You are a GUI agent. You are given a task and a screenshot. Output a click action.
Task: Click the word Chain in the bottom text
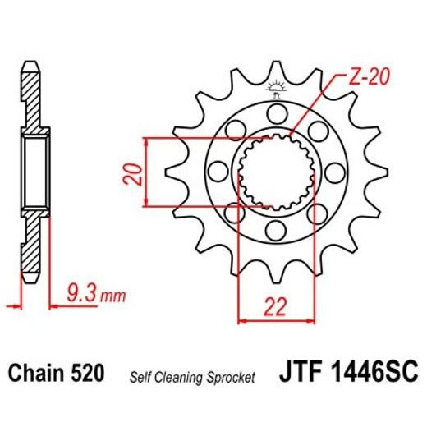coord(36,374)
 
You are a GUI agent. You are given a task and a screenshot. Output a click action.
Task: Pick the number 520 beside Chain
coord(87,374)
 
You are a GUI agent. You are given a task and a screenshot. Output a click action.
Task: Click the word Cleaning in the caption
coord(182,377)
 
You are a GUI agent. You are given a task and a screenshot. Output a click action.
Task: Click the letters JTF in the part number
coord(310,374)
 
